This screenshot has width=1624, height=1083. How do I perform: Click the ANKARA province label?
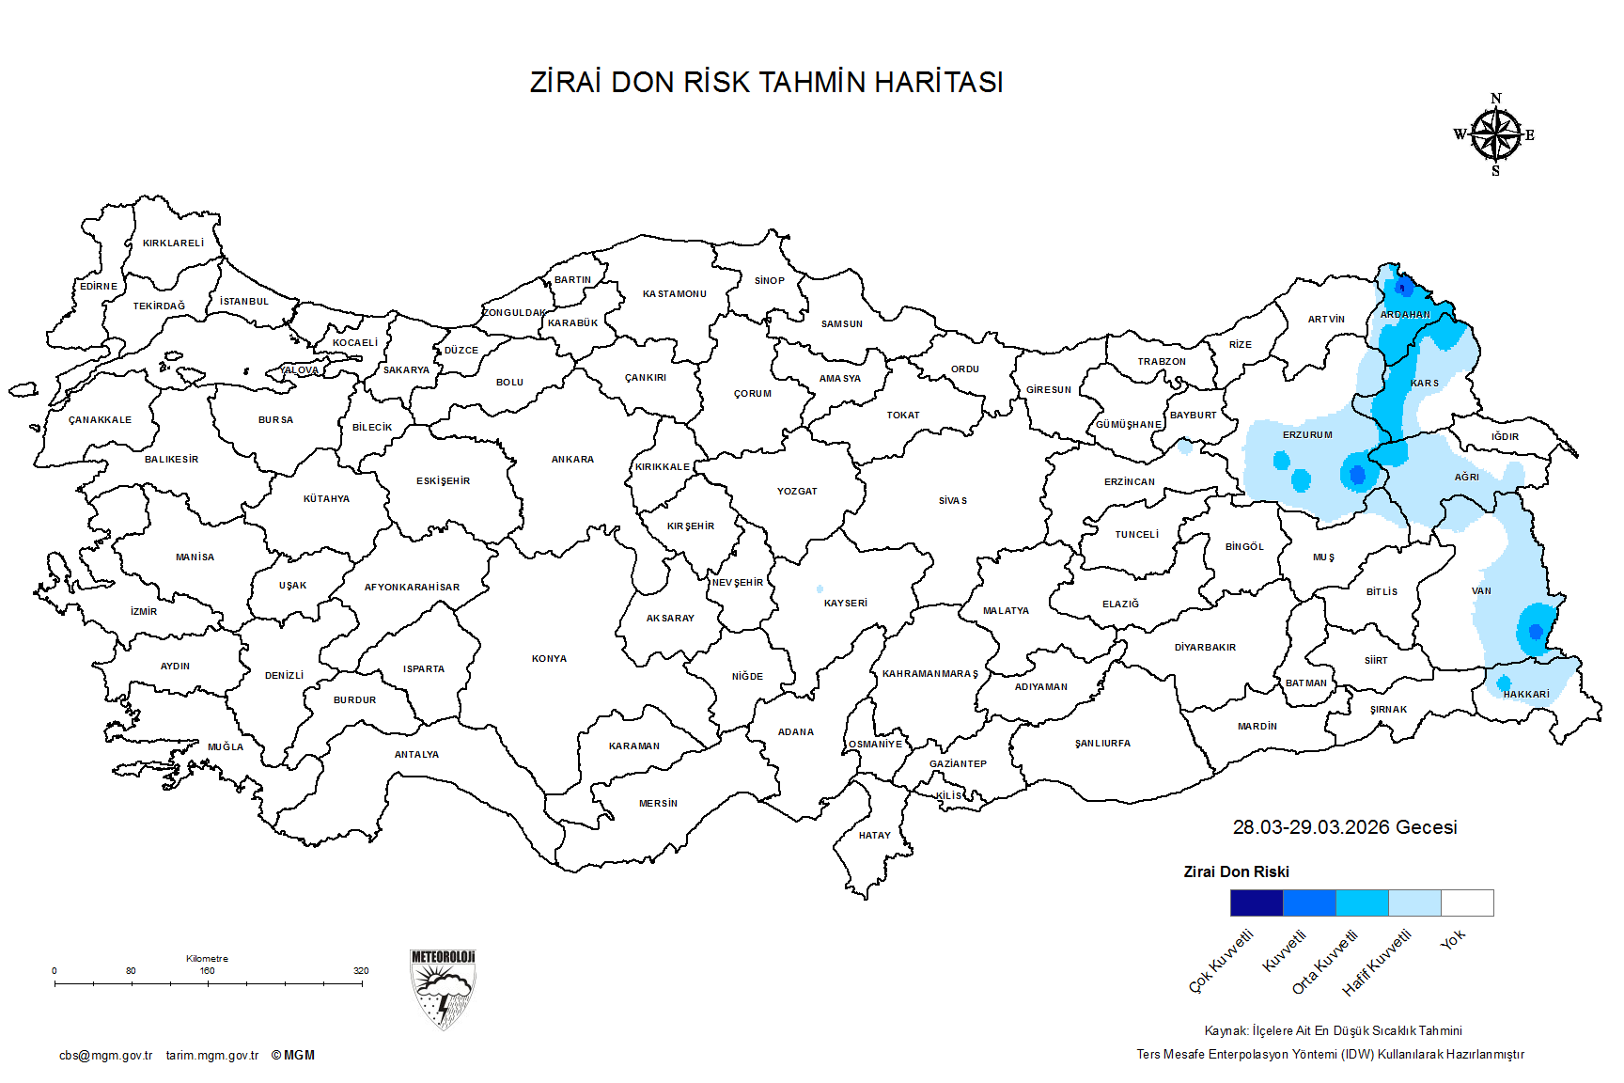(x=572, y=460)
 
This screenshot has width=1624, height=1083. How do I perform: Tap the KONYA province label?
(x=549, y=659)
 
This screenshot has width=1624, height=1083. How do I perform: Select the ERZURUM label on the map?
(x=1307, y=435)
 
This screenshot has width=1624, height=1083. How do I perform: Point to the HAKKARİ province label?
(x=1526, y=695)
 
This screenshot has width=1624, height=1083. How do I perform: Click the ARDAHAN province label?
(x=1405, y=315)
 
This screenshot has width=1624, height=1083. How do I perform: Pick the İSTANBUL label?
(x=244, y=302)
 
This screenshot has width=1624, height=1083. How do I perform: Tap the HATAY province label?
(x=874, y=836)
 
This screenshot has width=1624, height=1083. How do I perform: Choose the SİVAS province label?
(x=952, y=501)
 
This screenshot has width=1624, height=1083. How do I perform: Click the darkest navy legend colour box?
(x=1257, y=902)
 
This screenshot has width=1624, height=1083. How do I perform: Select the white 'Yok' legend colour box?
(x=1467, y=902)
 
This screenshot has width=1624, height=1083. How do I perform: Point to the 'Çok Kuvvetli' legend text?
(x=1222, y=961)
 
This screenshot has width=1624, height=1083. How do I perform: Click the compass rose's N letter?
(x=1496, y=99)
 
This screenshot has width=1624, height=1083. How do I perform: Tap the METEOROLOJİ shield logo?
(x=443, y=989)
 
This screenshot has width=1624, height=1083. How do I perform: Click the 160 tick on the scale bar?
(x=208, y=971)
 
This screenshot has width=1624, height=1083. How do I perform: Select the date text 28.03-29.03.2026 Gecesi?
(x=1345, y=827)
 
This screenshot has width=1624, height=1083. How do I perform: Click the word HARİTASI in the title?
(x=939, y=83)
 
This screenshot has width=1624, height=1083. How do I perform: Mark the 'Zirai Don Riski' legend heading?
(x=1236, y=872)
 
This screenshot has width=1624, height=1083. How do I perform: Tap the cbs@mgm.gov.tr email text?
(x=105, y=1056)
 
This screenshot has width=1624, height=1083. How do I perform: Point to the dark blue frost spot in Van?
(x=1536, y=631)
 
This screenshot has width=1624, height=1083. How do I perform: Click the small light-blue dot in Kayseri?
(x=820, y=589)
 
